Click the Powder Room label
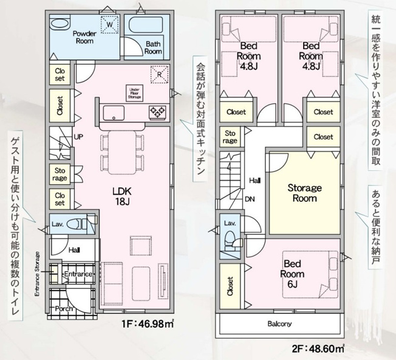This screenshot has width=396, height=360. tap(84, 37)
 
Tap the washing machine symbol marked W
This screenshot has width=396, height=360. tap(109, 24)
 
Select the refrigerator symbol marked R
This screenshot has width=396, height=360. tap(159, 74)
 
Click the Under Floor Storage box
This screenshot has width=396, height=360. tap(134, 93)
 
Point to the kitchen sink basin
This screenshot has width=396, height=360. tap(114, 113)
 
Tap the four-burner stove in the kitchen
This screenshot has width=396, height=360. tap(157, 112)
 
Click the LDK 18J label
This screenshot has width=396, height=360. tap(122, 196)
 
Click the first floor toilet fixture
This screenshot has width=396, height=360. tap(79, 224)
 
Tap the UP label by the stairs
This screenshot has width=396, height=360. tap(78, 137)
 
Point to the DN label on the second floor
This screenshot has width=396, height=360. tap(250, 199)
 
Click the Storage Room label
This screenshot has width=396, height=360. tap(304, 193)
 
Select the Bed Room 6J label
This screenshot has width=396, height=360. tap(292, 274)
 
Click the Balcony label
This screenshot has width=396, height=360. tap(279, 324)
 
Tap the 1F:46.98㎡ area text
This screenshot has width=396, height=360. tap(148, 324)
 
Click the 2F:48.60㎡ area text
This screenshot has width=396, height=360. tap(318, 349)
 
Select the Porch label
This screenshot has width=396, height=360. tap(64, 309)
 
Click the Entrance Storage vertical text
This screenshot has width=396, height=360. tap(37, 274)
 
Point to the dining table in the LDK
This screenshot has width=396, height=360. tap(122, 153)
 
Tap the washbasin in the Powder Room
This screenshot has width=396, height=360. tap(60, 24)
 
